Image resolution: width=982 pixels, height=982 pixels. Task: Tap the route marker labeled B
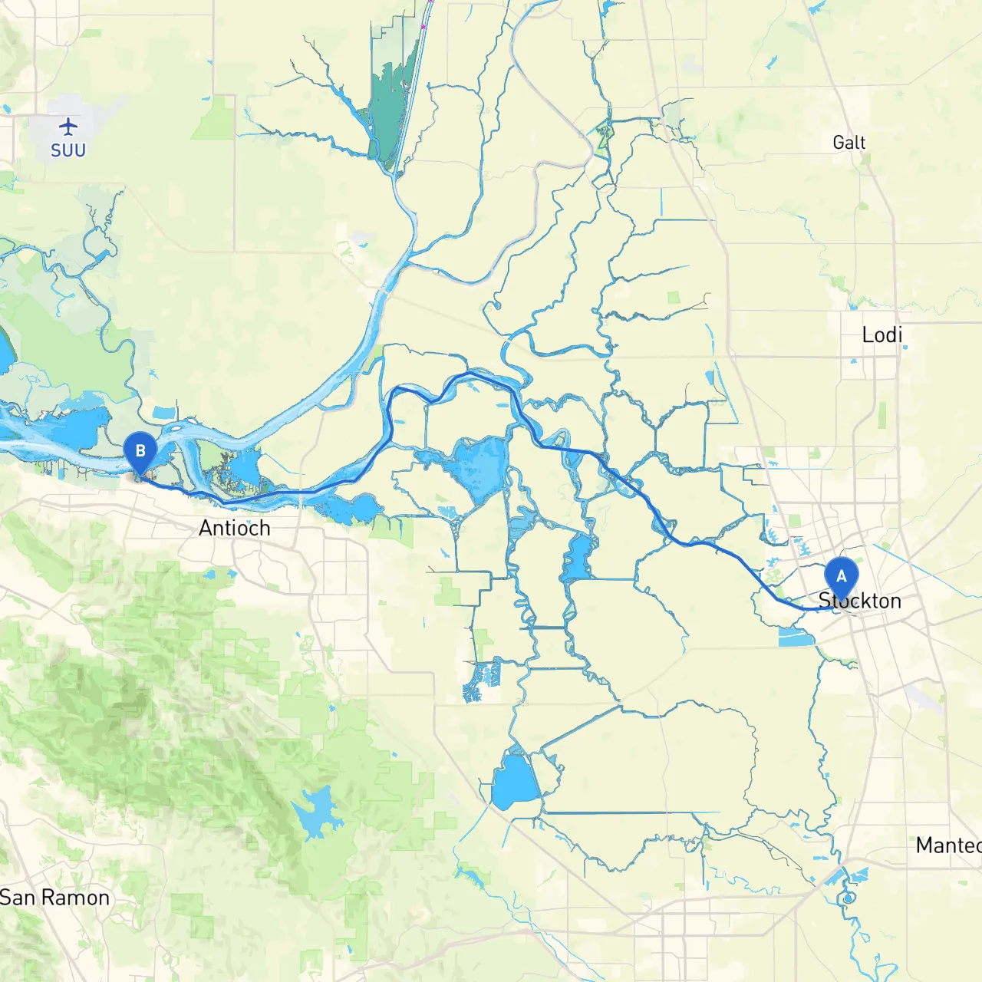tap(140, 451)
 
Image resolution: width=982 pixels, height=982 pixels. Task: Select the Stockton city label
tap(860, 601)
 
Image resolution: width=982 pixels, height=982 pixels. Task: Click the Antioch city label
tap(235, 528)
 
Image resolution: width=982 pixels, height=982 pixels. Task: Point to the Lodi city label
tap(881, 334)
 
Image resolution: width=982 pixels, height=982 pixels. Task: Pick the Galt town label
tap(849, 143)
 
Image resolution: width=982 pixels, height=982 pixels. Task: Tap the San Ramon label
tap(54, 898)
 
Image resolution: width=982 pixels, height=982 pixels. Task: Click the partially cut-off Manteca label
tap(948, 845)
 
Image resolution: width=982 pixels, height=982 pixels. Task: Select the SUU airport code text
tap(68, 150)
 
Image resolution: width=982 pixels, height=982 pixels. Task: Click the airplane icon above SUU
tap(68, 127)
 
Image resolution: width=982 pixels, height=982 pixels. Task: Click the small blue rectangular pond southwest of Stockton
tap(796, 637)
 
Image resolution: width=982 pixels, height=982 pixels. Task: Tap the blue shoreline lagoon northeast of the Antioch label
tap(353, 507)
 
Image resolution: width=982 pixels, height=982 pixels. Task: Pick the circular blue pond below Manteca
tap(848, 898)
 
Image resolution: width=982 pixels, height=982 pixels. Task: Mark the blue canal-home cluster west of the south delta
tap(482, 682)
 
